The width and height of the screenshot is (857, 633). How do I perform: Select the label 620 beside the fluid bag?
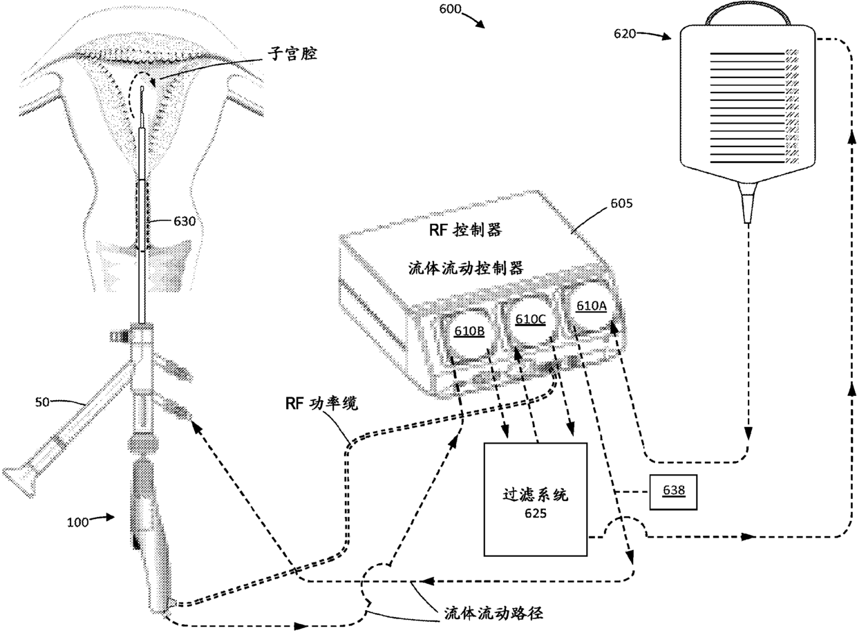click(625, 32)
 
